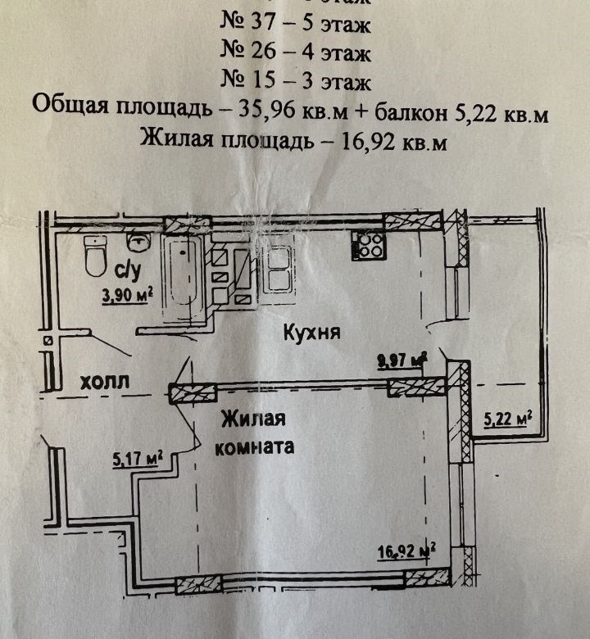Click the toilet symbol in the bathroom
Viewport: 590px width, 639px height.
[x=95, y=261]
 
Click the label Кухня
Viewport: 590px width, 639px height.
[x=311, y=333]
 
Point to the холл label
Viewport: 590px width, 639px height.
[x=106, y=382]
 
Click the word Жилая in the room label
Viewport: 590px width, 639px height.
[x=253, y=420]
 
